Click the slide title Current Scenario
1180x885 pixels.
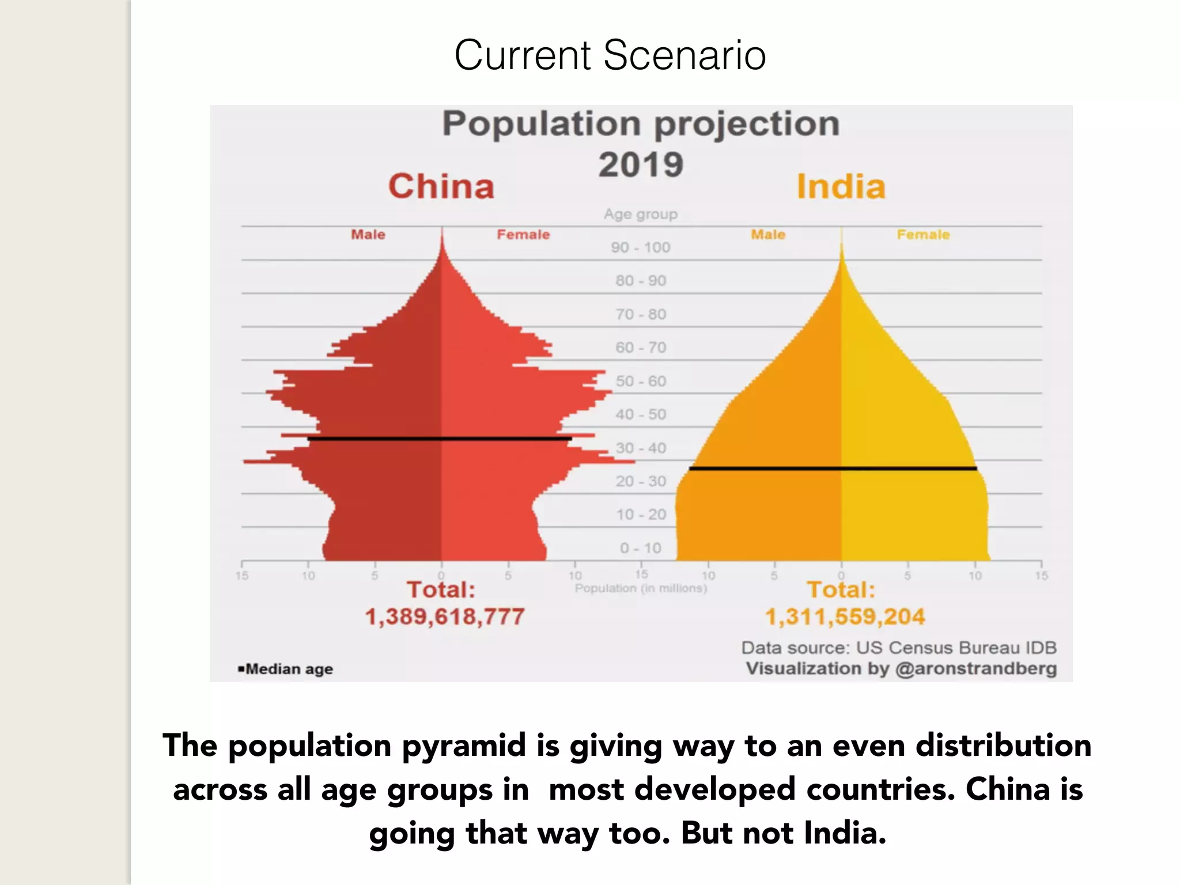tap(610, 55)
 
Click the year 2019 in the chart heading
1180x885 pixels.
tap(641, 165)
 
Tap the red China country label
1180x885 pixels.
tap(441, 187)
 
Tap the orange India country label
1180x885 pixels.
tap(841, 187)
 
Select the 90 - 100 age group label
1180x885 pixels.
tap(641, 248)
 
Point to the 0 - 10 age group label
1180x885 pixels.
tap(641, 548)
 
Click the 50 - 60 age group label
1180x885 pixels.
tap(641, 381)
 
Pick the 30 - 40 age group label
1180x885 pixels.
tap(641, 448)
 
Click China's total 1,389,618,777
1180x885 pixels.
tap(445, 617)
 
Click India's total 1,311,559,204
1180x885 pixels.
tap(845, 617)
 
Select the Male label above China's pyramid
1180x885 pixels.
tap(368, 235)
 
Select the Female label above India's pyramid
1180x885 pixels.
tap(923, 235)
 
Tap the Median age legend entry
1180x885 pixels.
tap(286, 669)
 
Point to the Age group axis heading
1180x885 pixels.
tap(641, 214)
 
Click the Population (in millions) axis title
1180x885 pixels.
tap(641, 588)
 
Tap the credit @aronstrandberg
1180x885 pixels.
tap(975, 668)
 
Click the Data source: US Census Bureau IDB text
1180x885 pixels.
tap(899, 648)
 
